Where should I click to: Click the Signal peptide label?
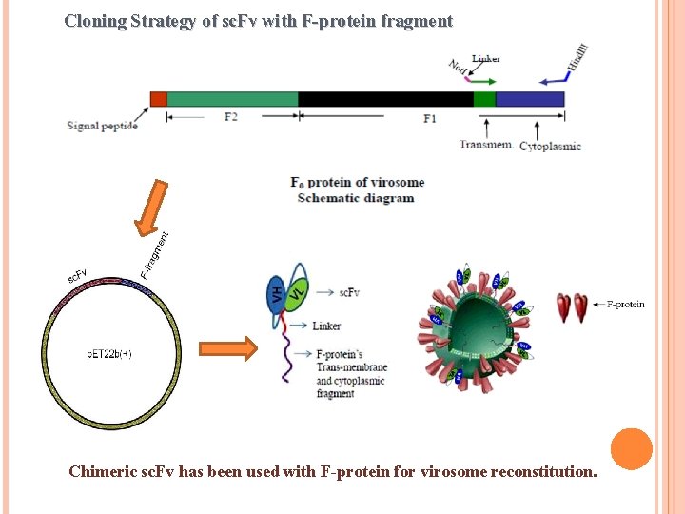click(x=103, y=126)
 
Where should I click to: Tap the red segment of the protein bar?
click(x=158, y=99)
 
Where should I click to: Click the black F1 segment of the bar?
click(x=385, y=99)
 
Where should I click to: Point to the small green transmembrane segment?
click(x=484, y=99)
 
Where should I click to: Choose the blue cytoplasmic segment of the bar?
click(x=530, y=99)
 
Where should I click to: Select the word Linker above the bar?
click(x=486, y=59)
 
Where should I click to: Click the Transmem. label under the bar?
click(x=487, y=145)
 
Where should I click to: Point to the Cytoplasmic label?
click(x=550, y=146)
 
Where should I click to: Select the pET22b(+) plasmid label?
click(x=109, y=354)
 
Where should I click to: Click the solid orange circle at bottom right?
click(x=631, y=449)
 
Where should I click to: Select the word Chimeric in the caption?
click(x=105, y=471)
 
